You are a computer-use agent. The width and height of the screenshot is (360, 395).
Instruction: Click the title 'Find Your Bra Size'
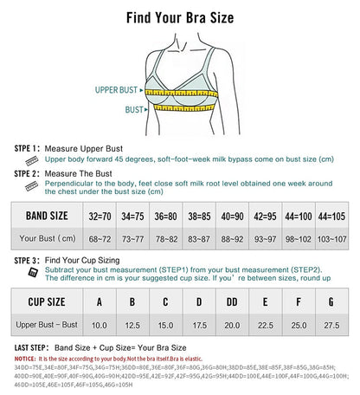[179, 16]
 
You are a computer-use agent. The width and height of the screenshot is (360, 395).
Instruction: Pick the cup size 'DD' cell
[231, 302]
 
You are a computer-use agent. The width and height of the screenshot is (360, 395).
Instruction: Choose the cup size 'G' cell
[331, 302]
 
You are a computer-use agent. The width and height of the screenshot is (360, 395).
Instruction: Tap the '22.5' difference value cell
[264, 324]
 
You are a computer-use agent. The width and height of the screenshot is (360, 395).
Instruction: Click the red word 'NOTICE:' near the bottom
[24, 356]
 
